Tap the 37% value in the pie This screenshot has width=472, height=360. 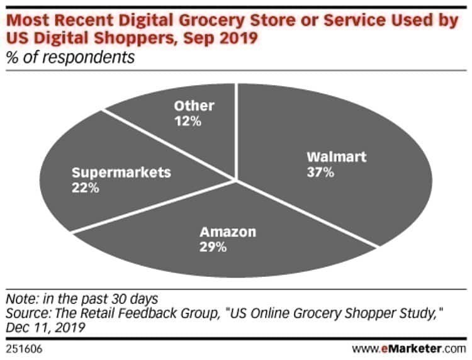(320, 172)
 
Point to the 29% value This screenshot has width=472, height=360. (213, 247)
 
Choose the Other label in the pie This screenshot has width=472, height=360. (194, 106)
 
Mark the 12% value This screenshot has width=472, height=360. (188, 121)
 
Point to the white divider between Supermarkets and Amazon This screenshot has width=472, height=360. (151, 208)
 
